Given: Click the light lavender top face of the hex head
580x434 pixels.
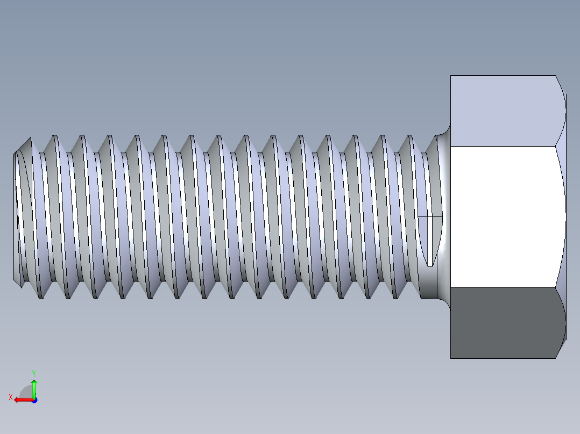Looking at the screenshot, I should (x=503, y=111).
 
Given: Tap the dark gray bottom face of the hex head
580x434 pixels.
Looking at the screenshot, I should (x=503, y=323).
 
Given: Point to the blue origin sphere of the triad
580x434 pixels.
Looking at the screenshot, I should (x=34, y=400).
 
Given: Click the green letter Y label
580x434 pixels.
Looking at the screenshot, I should (x=33, y=372).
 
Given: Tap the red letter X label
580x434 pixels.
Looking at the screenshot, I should (x=10, y=397).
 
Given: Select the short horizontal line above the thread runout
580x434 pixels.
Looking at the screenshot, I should (x=430, y=216).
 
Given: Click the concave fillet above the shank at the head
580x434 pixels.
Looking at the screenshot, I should (x=444, y=132).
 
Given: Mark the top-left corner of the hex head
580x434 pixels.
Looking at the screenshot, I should (x=451, y=76).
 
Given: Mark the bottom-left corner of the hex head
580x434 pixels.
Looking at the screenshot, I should (x=451, y=358).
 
